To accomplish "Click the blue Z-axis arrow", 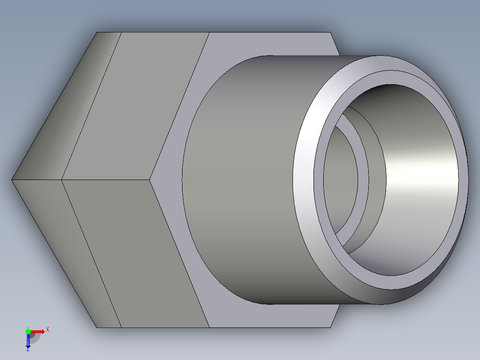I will (x=28, y=341).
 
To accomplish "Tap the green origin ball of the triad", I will (x=28, y=331).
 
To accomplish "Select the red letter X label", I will (x=48, y=330).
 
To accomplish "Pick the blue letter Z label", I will (x=28, y=349).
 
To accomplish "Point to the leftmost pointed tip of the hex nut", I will (x=12, y=180).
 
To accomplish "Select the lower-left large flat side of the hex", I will (x=134, y=250).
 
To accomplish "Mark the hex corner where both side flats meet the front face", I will (x=150, y=180).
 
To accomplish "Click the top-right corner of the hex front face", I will (x=330, y=33).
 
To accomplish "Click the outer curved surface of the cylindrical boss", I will (x=240, y=178).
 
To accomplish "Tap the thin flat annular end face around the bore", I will (x=318, y=178).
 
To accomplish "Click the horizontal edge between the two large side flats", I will (x=107, y=180).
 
